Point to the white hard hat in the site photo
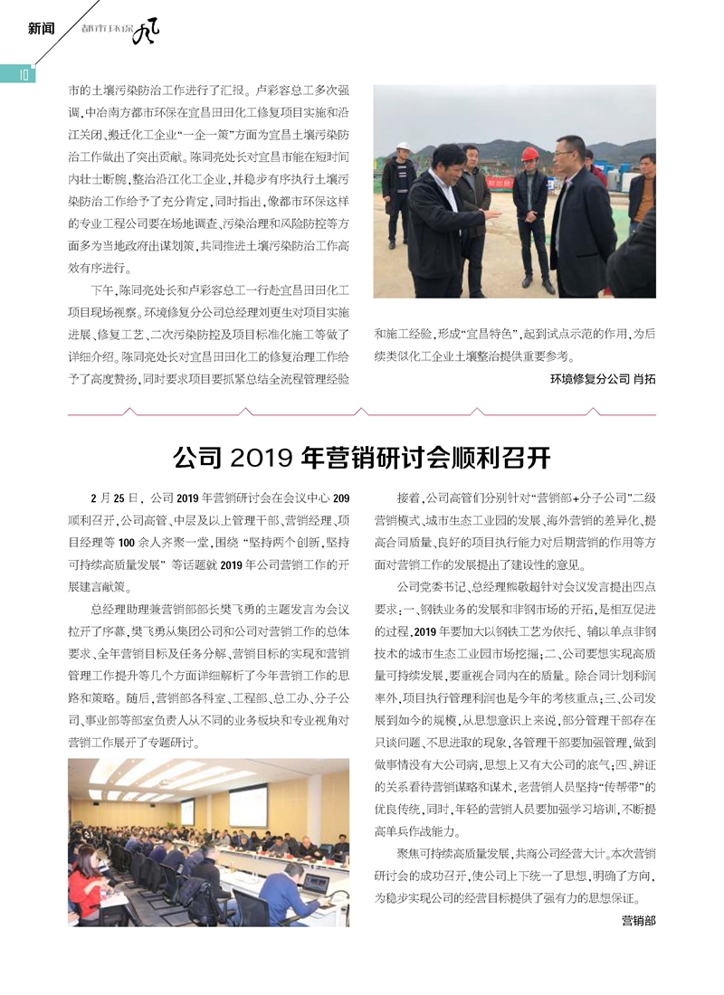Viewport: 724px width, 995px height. (405, 146)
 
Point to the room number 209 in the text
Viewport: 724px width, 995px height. (341, 497)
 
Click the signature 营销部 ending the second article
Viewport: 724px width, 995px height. (638, 921)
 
